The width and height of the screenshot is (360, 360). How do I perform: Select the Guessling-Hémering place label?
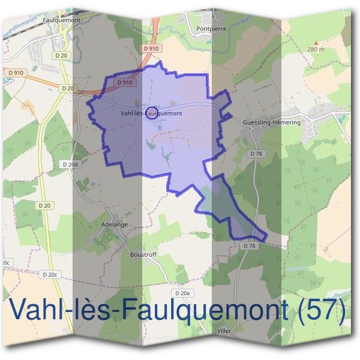(271, 122)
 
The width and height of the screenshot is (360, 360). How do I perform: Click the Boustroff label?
(143, 254)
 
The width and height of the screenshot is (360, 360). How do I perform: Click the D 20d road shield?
(71, 164)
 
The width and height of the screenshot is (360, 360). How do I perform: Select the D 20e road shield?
(183, 292)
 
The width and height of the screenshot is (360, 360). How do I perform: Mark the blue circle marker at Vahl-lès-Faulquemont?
(152, 112)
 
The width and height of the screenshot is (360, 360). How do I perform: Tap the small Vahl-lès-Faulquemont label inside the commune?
(151, 112)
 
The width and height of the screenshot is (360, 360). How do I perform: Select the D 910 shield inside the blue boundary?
(125, 82)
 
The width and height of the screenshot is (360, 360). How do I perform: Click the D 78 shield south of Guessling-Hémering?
(257, 154)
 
